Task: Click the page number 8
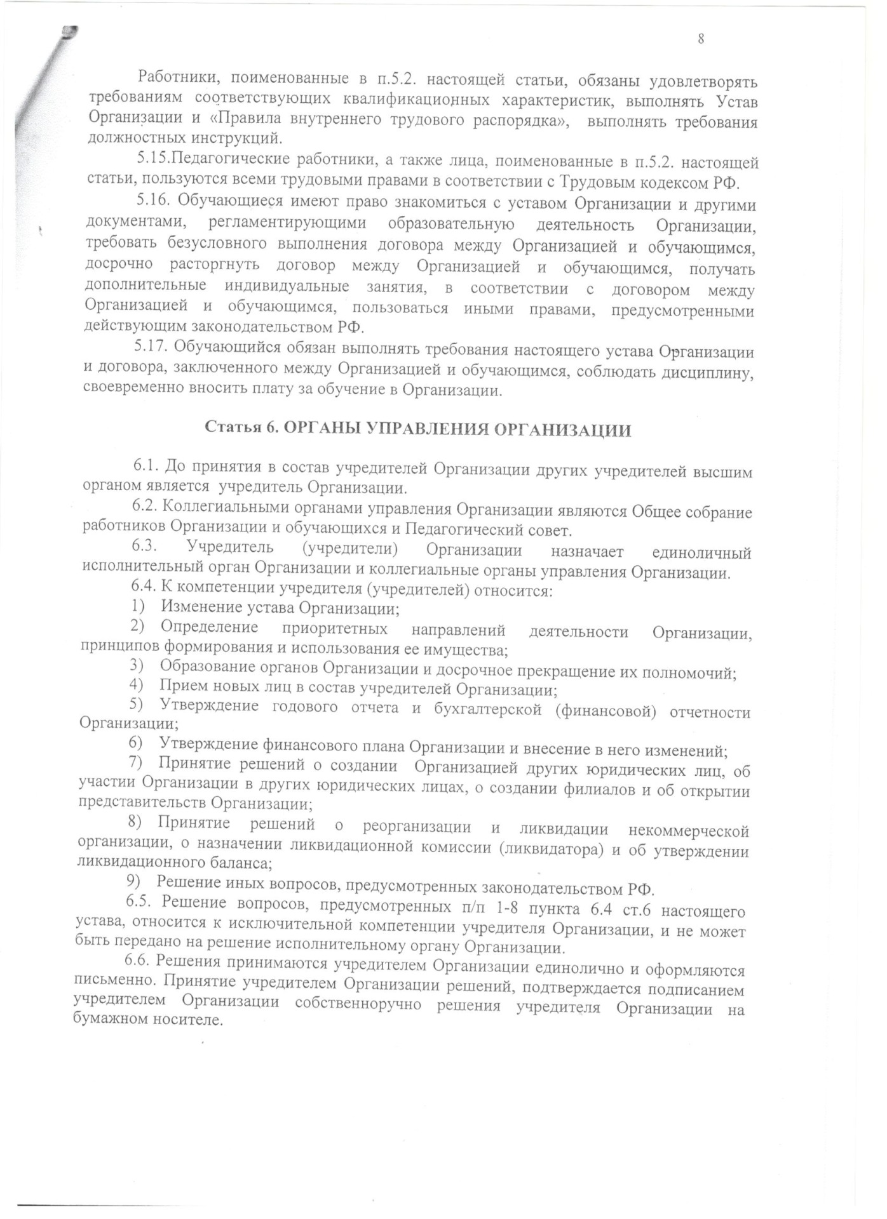click(x=701, y=39)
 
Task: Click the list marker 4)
click(x=136, y=685)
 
